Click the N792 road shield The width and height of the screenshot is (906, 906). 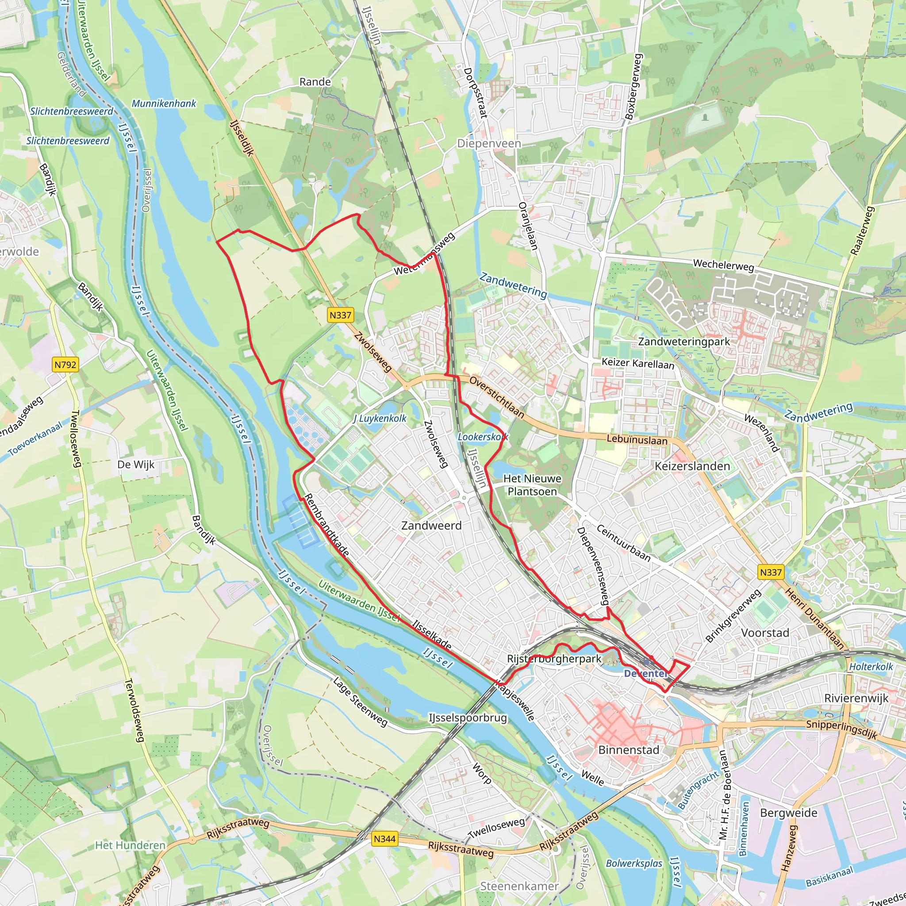coord(65,365)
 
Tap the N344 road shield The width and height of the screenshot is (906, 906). coord(384,839)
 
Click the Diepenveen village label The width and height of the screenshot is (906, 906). coord(489,143)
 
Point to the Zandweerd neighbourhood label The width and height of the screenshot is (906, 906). coord(431,526)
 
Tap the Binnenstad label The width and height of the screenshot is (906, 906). coord(628,750)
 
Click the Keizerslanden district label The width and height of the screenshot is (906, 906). coord(692,466)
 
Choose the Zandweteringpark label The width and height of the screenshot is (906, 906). coord(684,342)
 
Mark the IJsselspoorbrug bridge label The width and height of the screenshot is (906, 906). coord(468,718)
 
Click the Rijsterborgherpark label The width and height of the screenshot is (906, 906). coord(554,659)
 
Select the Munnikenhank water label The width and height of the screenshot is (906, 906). coord(164,104)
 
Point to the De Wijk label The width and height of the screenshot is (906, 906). coord(135,465)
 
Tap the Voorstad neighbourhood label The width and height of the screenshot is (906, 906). coord(765,633)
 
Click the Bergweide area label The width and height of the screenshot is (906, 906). coord(788,813)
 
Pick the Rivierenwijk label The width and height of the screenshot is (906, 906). coord(856,698)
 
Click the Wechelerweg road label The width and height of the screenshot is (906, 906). coord(723,265)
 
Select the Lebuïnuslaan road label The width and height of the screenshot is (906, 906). coord(637,440)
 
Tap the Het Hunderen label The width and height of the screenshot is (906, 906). coord(131,845)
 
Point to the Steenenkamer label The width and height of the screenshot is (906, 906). coord(519,886)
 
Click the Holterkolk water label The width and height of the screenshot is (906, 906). coord(871,667)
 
